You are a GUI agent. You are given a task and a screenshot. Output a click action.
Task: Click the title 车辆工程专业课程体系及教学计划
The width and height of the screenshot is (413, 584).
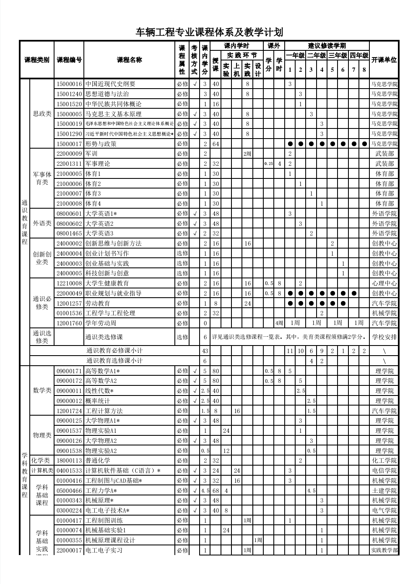[209, 32]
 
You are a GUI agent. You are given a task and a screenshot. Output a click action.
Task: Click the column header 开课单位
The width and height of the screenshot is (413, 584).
[384, 60]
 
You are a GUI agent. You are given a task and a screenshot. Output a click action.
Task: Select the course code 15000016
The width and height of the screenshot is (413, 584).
[69, 84]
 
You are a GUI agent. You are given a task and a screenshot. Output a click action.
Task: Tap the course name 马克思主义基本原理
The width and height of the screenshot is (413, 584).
[113, 114]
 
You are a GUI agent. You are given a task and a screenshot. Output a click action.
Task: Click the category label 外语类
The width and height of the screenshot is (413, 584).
[42, 223]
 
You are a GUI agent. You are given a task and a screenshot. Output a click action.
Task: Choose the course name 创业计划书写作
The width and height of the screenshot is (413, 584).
[107, 254]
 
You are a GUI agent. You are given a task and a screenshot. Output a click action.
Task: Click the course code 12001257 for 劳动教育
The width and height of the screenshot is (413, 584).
[69, 303]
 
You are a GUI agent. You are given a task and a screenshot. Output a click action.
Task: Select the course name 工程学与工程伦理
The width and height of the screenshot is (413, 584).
[110, 313]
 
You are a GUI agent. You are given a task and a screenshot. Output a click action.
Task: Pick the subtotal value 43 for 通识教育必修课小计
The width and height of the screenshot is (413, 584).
[205, 351]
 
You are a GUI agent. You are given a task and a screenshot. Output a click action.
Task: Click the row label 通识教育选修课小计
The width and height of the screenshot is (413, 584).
[114, 361]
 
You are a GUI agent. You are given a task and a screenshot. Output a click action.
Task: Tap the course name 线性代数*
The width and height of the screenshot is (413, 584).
[99, 391]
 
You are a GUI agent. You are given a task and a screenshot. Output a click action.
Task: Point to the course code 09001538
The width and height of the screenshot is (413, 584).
[69, 451]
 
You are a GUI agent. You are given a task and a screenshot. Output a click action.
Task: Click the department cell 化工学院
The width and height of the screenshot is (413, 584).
[384, 461]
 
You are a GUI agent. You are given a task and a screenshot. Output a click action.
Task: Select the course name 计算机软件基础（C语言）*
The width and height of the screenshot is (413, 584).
[123, 471]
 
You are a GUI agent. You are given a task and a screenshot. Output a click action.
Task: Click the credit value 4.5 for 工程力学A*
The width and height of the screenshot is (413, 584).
[205, 491]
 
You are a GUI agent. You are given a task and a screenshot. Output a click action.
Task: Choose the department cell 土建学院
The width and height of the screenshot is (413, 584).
[384, 491]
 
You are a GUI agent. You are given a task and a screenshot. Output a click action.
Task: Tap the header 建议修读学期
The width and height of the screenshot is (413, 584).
[327, 46]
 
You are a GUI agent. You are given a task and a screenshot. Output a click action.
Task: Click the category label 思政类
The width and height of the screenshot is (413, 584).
[42, 114]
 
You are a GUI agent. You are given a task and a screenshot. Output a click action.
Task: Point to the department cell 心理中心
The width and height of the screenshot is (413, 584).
[384, 283]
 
